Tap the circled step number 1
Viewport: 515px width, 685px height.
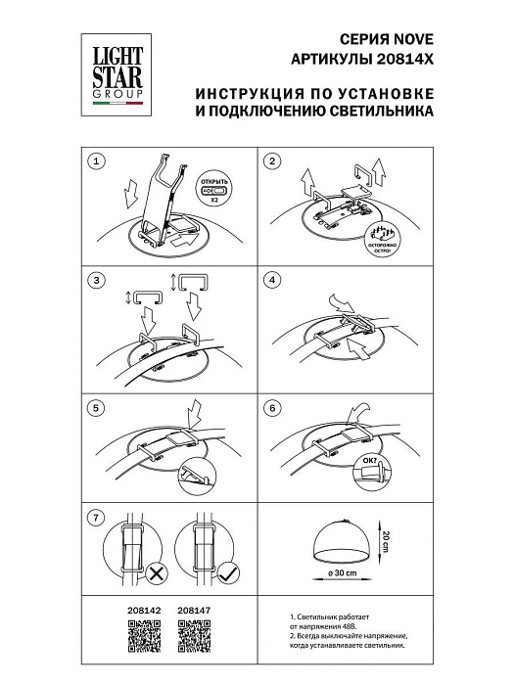[x=95, y=160]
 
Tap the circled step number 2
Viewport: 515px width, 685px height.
[x=273, y=160]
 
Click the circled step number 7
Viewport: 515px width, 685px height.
[x=95, y=517]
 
